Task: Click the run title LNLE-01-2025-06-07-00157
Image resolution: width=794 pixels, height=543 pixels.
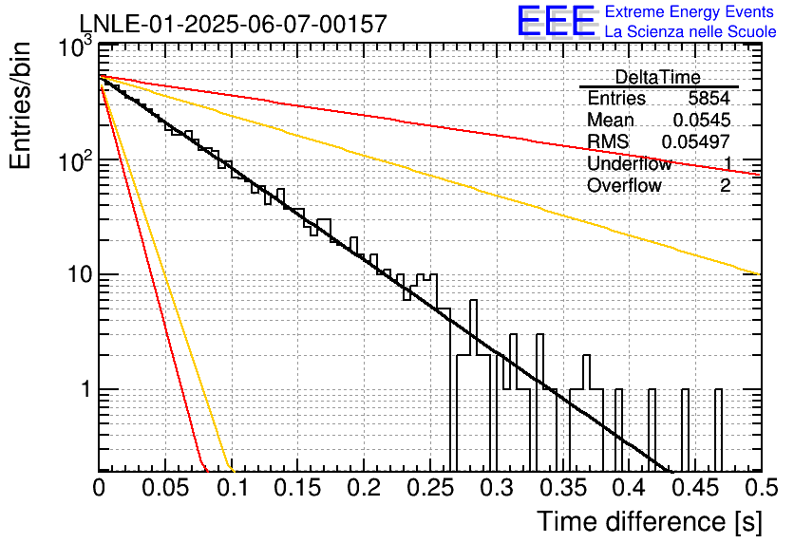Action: pyautogui.click(x=234, y=24)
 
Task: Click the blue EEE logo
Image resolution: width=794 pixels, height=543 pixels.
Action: pyautogui.click(x=557, y=21)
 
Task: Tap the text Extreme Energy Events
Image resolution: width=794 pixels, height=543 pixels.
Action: pyautogui.click(x=690, y=11)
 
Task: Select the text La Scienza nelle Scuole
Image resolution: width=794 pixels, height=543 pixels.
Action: pyautogui.click(x=690, y=31)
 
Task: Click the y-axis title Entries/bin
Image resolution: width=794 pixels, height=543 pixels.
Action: pyautogui.click(x=20, y=105)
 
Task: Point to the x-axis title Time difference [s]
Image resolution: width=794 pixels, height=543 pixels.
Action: pyautogui.click(x=650, y=522)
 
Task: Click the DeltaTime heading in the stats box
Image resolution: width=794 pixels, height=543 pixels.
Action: pyautogui.click(x=657, y=77)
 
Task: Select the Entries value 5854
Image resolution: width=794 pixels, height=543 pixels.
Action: pyautogui.click(x=709, y=98)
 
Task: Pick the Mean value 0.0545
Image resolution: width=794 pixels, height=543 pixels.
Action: pyautogui.click(x=702, y=120)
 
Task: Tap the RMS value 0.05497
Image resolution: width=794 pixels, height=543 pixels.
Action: pyautogui.click(x=696, y=141)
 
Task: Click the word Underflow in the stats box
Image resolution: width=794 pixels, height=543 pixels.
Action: pyautogui.click(x=630, y=163)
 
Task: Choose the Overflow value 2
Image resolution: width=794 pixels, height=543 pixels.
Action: pyautogui.click(x=725, y=186)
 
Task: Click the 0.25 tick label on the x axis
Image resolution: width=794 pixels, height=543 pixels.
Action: pyautogui.click(x=430, y=488)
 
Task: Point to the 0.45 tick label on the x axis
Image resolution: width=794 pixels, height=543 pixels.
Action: pyautogui.click(x=696, y=488)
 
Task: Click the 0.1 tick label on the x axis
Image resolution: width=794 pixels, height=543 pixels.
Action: pyautogui.click(x=233, y=488)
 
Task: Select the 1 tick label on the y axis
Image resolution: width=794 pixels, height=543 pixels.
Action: pyautogui.click(x=85, y=389)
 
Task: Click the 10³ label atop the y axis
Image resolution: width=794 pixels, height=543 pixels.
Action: pyautogui.click(x=75, y=48)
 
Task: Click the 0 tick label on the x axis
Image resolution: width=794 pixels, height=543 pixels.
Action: pyautogui.click(x=99, y=488)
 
